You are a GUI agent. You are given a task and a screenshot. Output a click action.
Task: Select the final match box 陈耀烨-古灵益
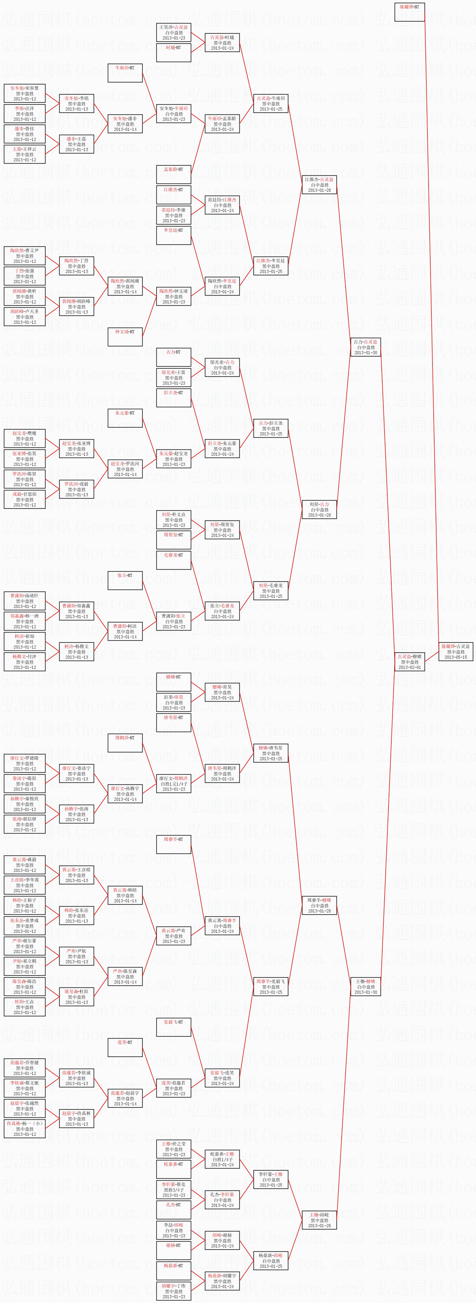point(455,651)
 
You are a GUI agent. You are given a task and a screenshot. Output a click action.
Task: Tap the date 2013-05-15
point(455,657)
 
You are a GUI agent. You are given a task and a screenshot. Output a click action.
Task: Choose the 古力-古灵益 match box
point(365,347)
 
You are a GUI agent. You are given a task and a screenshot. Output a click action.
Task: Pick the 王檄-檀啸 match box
point(365,986)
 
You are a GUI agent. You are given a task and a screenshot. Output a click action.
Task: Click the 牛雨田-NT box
point(125,73)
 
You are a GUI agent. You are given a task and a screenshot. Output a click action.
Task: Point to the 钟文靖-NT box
point(125,337)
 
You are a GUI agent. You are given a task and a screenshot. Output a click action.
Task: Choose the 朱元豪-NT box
point(125,418)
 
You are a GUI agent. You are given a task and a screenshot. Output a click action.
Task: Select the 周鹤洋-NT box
point(125,743)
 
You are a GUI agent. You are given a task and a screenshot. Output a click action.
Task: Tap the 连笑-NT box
point(125,1048)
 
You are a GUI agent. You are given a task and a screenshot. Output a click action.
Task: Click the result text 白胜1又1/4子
point(174,784)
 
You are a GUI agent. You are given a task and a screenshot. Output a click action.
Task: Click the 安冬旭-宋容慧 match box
point(25,93)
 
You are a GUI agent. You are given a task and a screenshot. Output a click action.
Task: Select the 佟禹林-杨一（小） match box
point(25,1128)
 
